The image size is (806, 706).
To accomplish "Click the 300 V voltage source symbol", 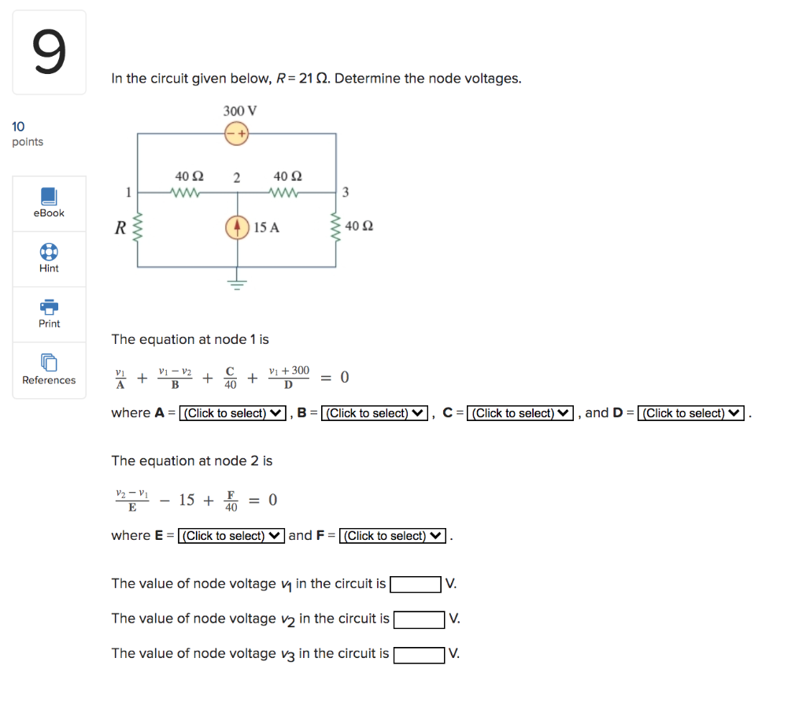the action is tap(237, 133).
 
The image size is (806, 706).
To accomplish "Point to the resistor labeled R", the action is tap(139, 228).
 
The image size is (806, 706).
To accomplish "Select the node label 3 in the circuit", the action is tap(346, 192).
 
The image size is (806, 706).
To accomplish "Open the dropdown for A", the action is tap(232, 413).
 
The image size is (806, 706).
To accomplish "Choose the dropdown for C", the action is tap(520, 413).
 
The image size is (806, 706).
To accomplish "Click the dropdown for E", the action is tap(231, 536).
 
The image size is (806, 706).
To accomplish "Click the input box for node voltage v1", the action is tap(416, 584).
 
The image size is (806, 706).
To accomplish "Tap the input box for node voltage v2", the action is tap(420, 619).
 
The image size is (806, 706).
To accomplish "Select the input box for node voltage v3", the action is tap(419, 654).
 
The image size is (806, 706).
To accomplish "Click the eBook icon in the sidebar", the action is tap(49, 196).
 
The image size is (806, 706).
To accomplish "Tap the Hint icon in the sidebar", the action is tap(49, 251).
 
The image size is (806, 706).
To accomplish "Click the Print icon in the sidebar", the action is tap(49, 306).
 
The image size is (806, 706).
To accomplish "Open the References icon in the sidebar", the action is tap(49, 362).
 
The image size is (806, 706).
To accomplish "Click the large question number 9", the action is tap(49, 53).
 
